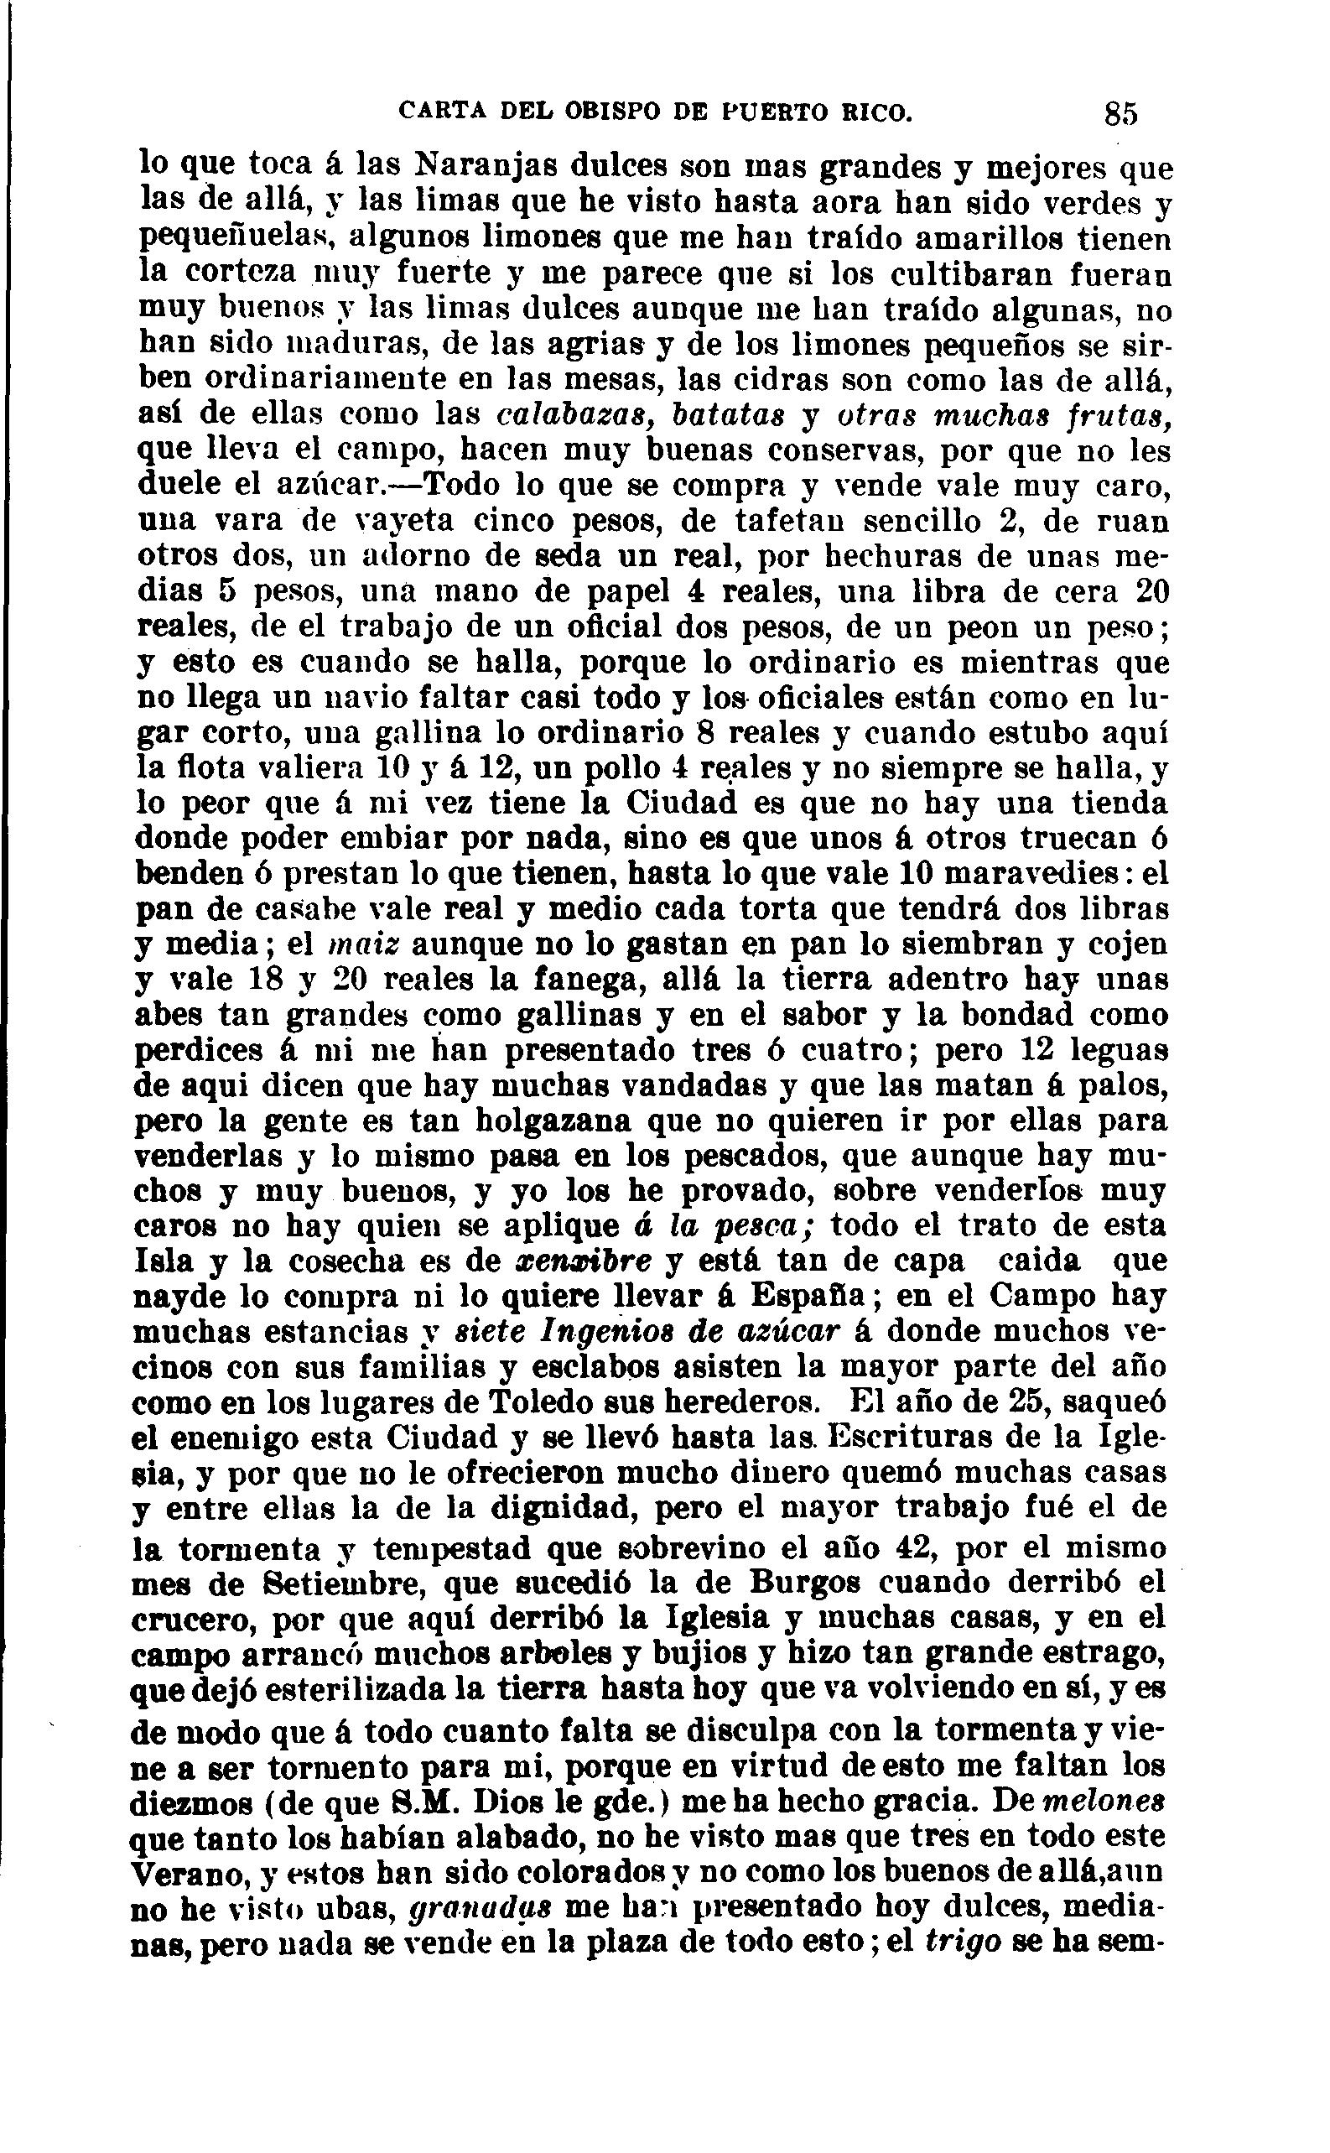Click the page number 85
[1121, 114]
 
